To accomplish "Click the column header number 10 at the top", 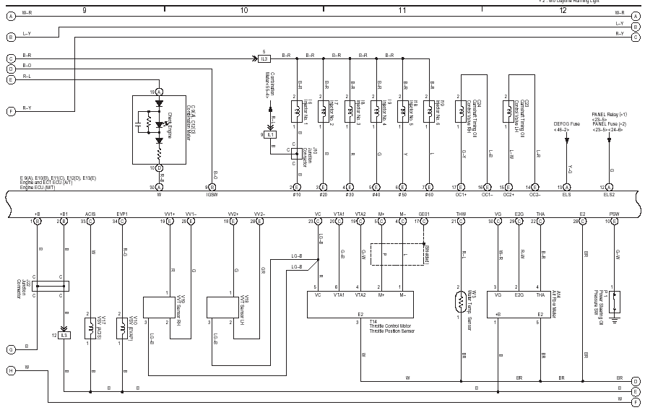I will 243,10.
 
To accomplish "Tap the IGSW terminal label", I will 211,195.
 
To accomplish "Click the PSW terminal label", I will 614,214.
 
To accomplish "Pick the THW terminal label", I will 461,214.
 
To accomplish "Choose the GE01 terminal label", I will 423,214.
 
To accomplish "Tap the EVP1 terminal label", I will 122,214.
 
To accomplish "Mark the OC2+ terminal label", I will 508,195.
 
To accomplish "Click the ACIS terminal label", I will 90,214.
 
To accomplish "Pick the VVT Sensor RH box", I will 167,307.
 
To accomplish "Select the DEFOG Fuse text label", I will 567,124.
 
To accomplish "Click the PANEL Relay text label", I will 609,115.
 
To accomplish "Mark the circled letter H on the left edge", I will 11,370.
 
